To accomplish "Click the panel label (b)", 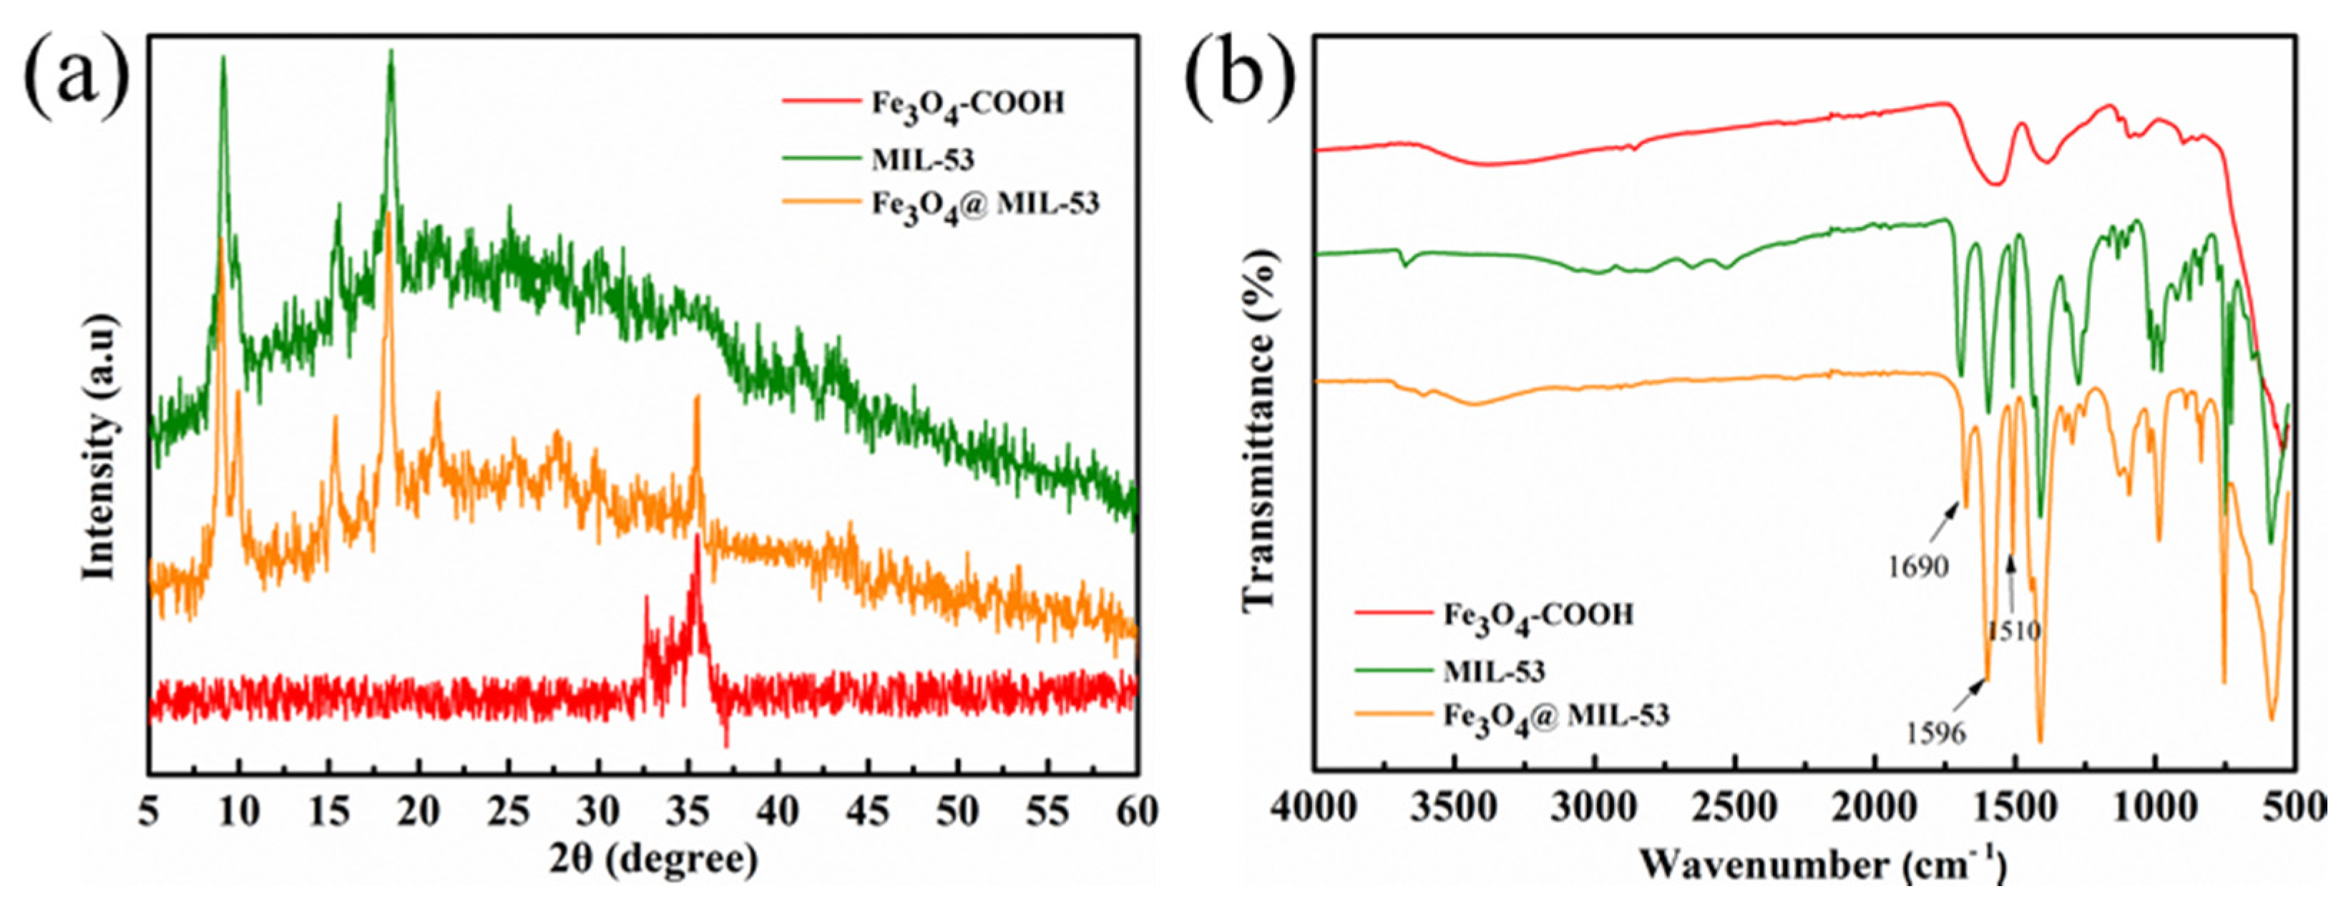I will pyautogui.click(x=1241, y=77).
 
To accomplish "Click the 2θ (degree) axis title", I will pyautogui.click(x=653, y=858).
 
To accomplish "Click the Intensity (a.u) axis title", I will pyautogui.click(x=100, y=447).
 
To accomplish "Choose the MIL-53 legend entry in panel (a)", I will pyautogui.click(x=922, y=160).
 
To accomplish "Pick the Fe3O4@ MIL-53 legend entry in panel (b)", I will pyautogui.click(x=1555, y=716).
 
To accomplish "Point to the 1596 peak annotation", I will pyautogui.click(x=1936, y=732).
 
